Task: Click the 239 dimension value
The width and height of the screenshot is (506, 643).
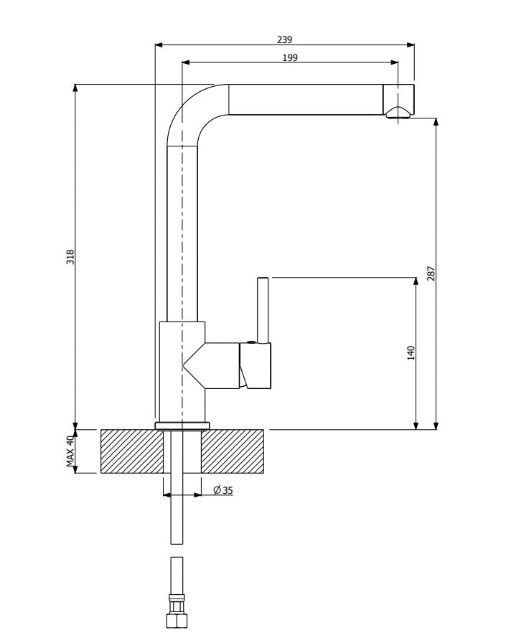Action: pos(284,39)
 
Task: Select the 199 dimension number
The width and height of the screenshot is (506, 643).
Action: pos(290,58)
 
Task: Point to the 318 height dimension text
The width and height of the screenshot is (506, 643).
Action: pos(70,257)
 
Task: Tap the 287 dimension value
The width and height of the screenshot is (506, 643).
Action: pos(431,273)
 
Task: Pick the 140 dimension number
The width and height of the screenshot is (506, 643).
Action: pos(411,353)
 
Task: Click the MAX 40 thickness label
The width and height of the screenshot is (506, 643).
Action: pos(70,451)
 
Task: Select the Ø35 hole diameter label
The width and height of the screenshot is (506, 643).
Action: pos(223,489)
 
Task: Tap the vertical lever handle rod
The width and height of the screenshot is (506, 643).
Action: pos(263,309)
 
